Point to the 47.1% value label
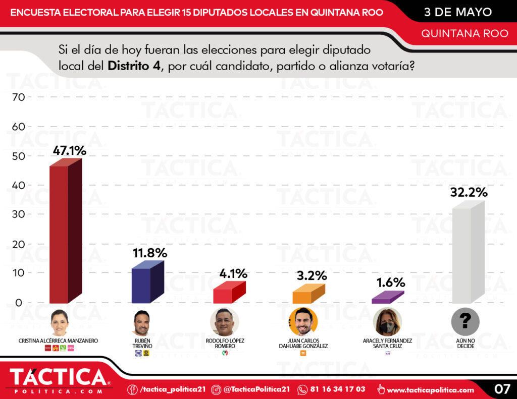[x=70, y=150]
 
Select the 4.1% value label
[x=233, y=274]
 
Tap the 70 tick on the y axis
[x=18, y=97]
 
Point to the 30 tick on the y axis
[x=18, y=214]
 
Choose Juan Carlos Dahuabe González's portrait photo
[x=303, y=322]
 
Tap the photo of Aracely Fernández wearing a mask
[x=387, y=322]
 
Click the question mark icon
[x=466, y=321]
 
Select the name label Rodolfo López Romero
[x=225, y=344]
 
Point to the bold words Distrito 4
[x=134, y=67]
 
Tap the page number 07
[x=501, y=389]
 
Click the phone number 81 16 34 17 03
[x=338, y=389]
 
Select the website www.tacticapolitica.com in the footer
[x=431, y=390]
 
